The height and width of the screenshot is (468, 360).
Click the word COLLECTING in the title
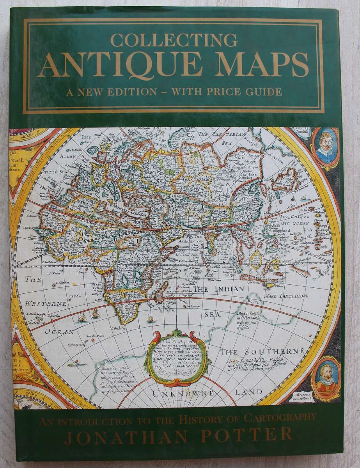click(x=174, y=41)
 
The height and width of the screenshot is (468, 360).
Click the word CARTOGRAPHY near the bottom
click(x=278, y=418)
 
